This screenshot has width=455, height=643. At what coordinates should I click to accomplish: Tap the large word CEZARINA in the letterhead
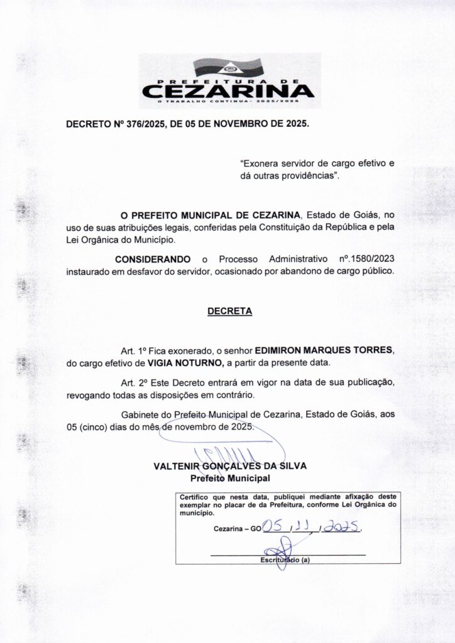click(227, 91)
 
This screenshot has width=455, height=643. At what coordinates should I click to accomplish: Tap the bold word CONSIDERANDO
click(152, 259)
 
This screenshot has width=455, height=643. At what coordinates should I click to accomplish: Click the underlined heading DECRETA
click(229, 311)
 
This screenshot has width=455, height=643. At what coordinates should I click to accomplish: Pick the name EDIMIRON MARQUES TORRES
click(324, 350)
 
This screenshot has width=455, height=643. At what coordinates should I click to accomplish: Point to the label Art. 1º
click(133, 350)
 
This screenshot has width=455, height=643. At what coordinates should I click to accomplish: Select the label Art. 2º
click(133, 382)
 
